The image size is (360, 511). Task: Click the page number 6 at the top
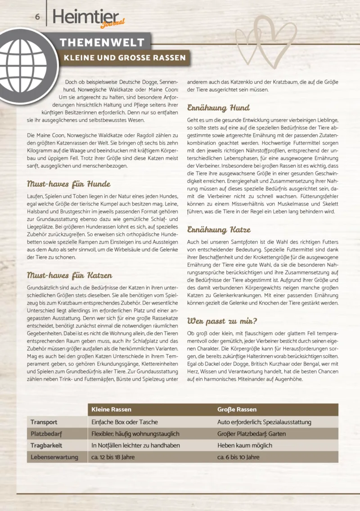38,16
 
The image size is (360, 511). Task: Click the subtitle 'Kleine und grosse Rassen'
124,58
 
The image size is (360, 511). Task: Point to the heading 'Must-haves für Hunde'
69,184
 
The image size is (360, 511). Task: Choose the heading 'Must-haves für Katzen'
70,275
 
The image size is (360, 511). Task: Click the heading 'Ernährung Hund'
218,108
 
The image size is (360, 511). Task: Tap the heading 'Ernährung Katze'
219,229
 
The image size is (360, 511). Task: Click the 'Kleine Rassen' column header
112,409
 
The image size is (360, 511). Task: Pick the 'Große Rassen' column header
237,409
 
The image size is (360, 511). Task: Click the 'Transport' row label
44,422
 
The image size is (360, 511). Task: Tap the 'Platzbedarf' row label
46,434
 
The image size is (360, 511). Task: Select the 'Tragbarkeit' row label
46,445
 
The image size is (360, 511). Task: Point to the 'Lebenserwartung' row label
54,457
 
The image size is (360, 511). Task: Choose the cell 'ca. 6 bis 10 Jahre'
238,457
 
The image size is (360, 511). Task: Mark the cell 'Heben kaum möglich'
245,445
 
